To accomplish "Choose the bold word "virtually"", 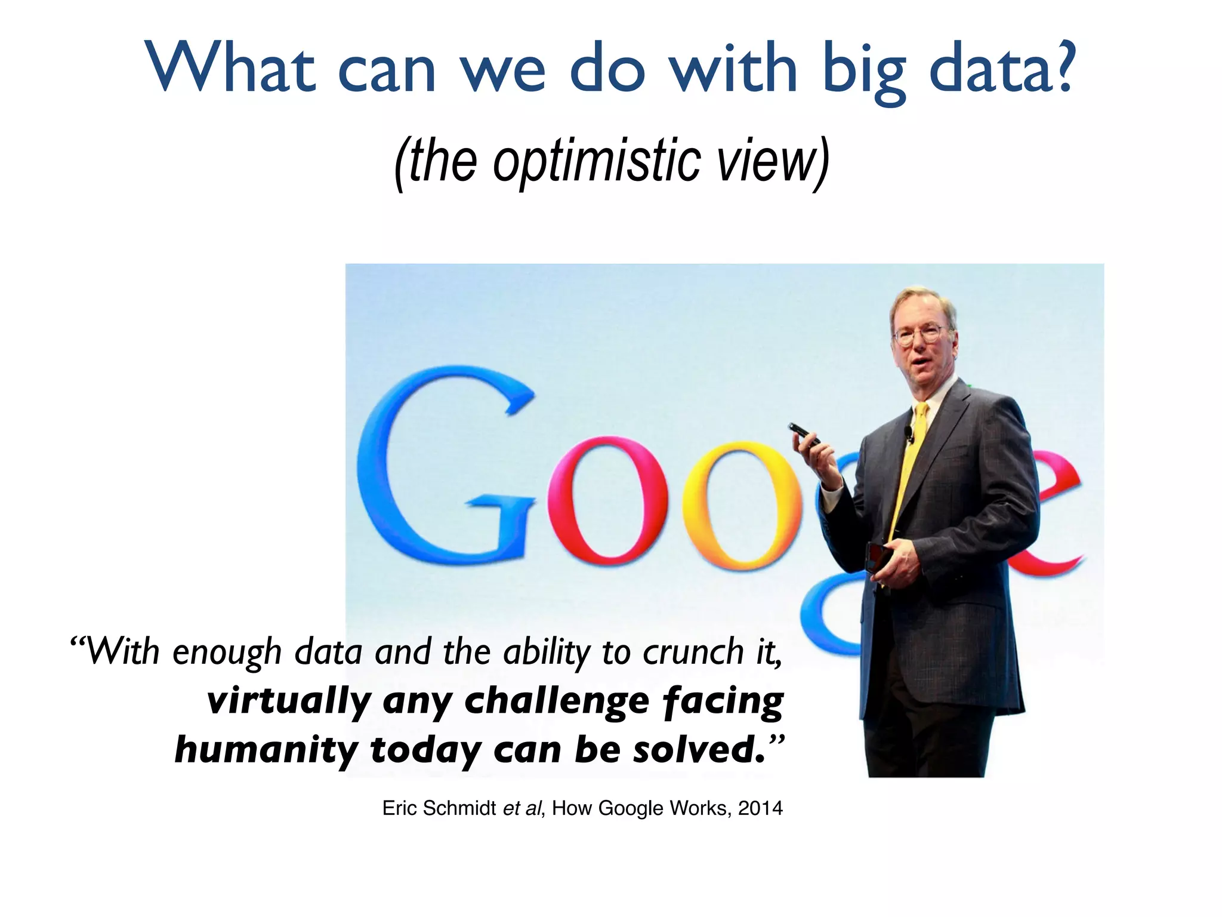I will (x=289, y=701).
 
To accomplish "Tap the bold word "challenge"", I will (x=556, y=701).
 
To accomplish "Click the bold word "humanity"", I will (x=266, y=750).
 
